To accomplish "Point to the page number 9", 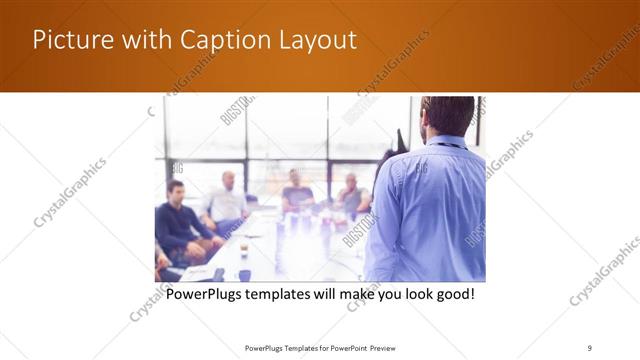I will coord(590,347).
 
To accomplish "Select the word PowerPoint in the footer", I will coord(346,347).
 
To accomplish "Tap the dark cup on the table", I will coord(244,275).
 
